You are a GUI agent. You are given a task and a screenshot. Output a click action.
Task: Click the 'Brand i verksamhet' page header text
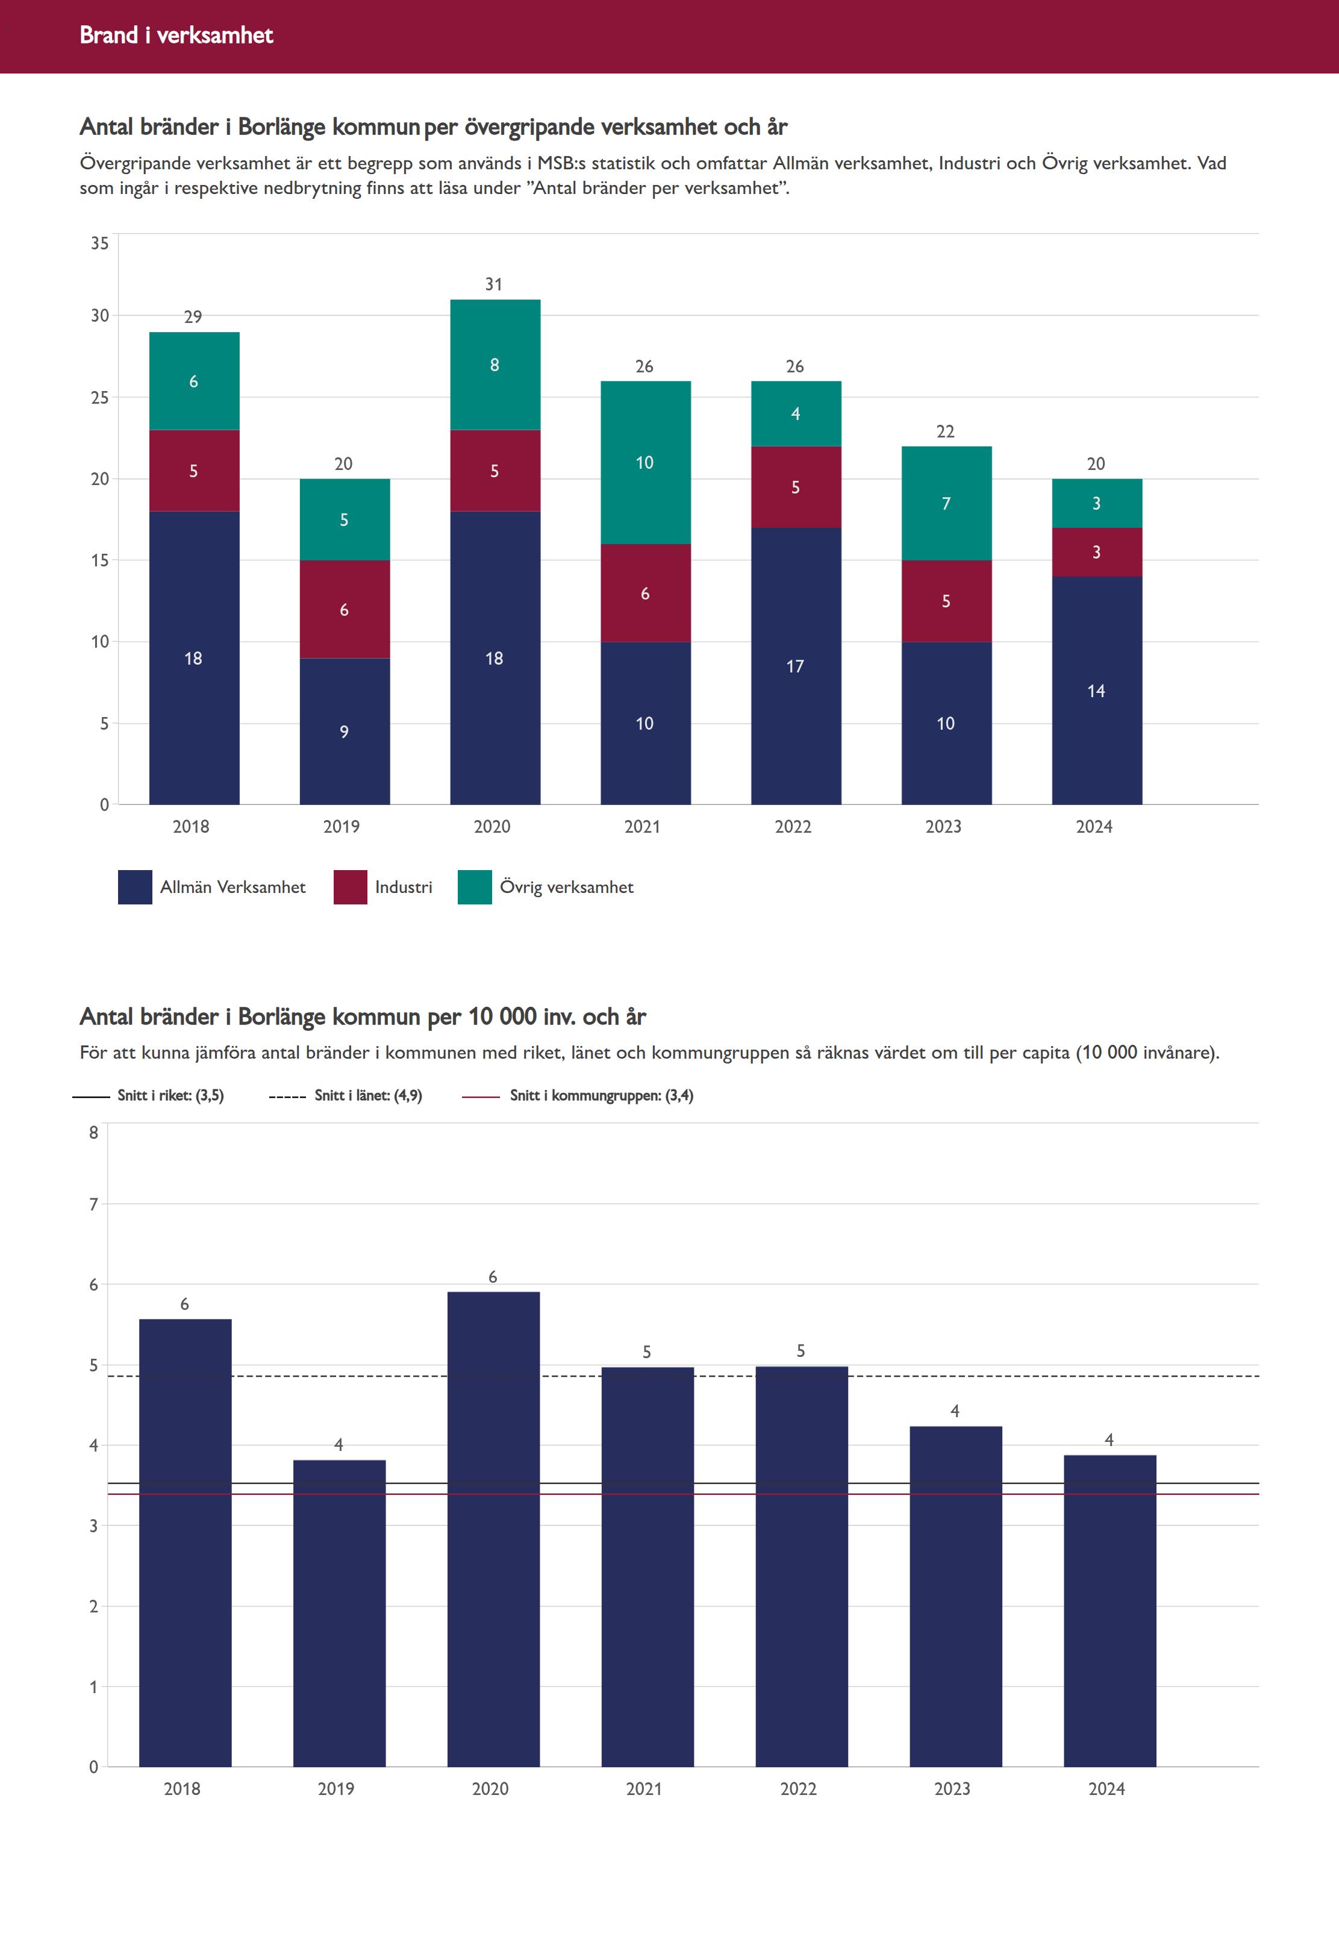click(176, 35)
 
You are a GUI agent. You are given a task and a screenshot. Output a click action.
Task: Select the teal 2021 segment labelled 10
click(645, 462)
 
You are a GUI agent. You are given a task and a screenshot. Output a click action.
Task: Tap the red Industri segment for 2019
click(344, 609)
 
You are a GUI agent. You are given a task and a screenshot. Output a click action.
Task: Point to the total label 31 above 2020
click(494, 284)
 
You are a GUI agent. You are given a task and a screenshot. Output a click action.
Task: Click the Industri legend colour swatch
click(350, 887)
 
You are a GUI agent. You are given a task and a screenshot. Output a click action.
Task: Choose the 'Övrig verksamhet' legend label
click(566, 887)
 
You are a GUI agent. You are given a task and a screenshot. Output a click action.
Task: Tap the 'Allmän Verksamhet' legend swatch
click(135, 887)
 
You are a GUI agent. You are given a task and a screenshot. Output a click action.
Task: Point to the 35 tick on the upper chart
click(100, 243)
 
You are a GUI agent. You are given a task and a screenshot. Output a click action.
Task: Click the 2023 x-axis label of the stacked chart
click(944, 827)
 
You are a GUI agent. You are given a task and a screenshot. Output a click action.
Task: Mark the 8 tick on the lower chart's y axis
click(94, 1132)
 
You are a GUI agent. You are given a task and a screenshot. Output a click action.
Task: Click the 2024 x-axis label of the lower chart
click(1106, 1788)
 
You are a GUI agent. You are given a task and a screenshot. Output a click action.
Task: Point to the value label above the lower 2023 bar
click(955, 1411)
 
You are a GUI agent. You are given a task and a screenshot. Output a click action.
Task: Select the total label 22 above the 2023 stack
click(946, 431)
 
